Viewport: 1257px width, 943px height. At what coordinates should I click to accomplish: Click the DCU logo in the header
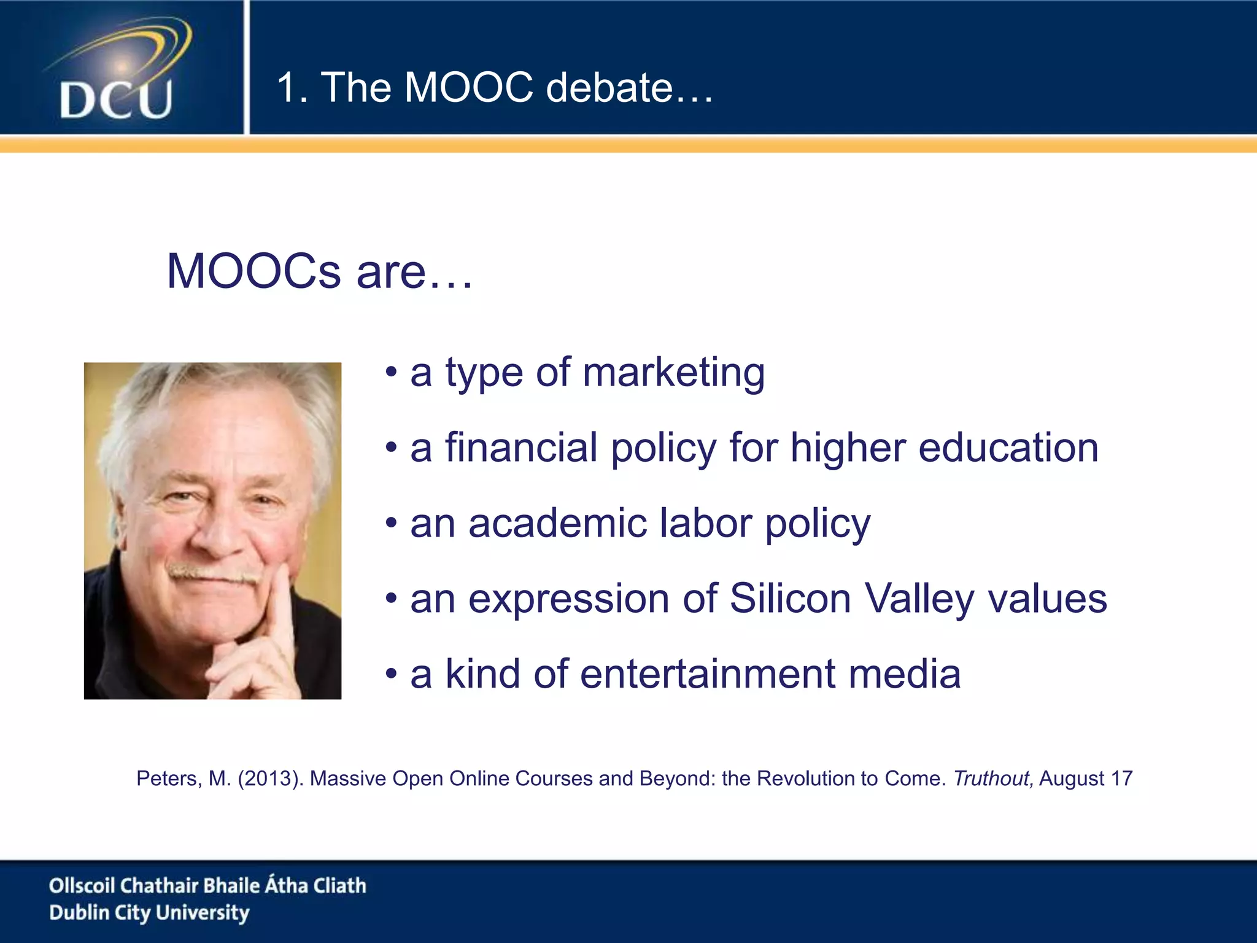click(117, 71)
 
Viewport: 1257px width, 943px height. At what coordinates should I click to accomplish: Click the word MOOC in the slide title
click(469, 87)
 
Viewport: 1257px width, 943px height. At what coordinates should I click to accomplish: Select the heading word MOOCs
click(253, 271)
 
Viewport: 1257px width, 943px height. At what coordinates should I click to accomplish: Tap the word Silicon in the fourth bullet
click(790, 598)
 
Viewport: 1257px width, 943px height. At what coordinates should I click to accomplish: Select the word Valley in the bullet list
click(919, 599)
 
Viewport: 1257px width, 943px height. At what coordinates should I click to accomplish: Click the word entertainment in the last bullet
click(708, 674)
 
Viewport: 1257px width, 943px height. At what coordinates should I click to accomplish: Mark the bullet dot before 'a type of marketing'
click(391, 373)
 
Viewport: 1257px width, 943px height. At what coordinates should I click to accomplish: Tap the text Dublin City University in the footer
click(149, 913)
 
